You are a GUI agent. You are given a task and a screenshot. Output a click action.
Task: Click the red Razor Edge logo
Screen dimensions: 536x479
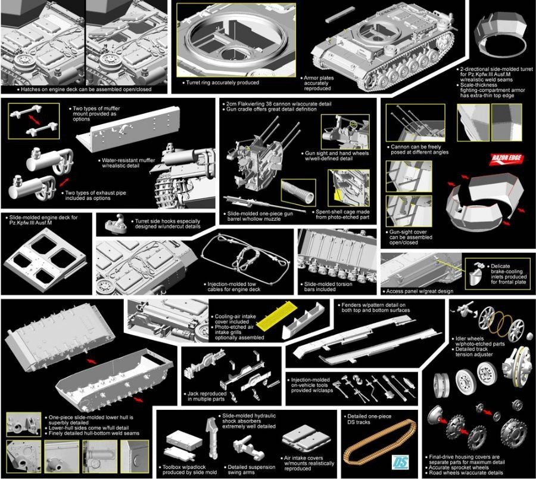point(507,159)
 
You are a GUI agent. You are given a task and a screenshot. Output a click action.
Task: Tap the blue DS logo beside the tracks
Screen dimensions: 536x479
point(400,462)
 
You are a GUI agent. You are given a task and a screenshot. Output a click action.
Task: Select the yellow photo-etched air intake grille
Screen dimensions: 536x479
point(276,316)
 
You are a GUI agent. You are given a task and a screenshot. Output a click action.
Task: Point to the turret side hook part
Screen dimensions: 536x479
point(116,224)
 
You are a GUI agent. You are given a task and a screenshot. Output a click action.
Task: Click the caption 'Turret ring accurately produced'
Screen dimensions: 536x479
point(222,82)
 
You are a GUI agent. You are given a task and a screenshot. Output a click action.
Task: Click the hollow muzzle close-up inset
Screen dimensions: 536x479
point(298,193)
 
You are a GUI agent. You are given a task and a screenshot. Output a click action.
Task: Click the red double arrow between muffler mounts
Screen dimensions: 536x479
point(34,120)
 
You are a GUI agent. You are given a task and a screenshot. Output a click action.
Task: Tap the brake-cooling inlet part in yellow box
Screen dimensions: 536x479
point(476,274)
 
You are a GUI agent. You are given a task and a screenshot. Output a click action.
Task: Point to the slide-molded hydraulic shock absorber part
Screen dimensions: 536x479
point(211,437)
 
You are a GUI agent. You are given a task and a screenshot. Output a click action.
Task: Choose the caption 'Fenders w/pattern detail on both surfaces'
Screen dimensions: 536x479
point(373,307)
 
